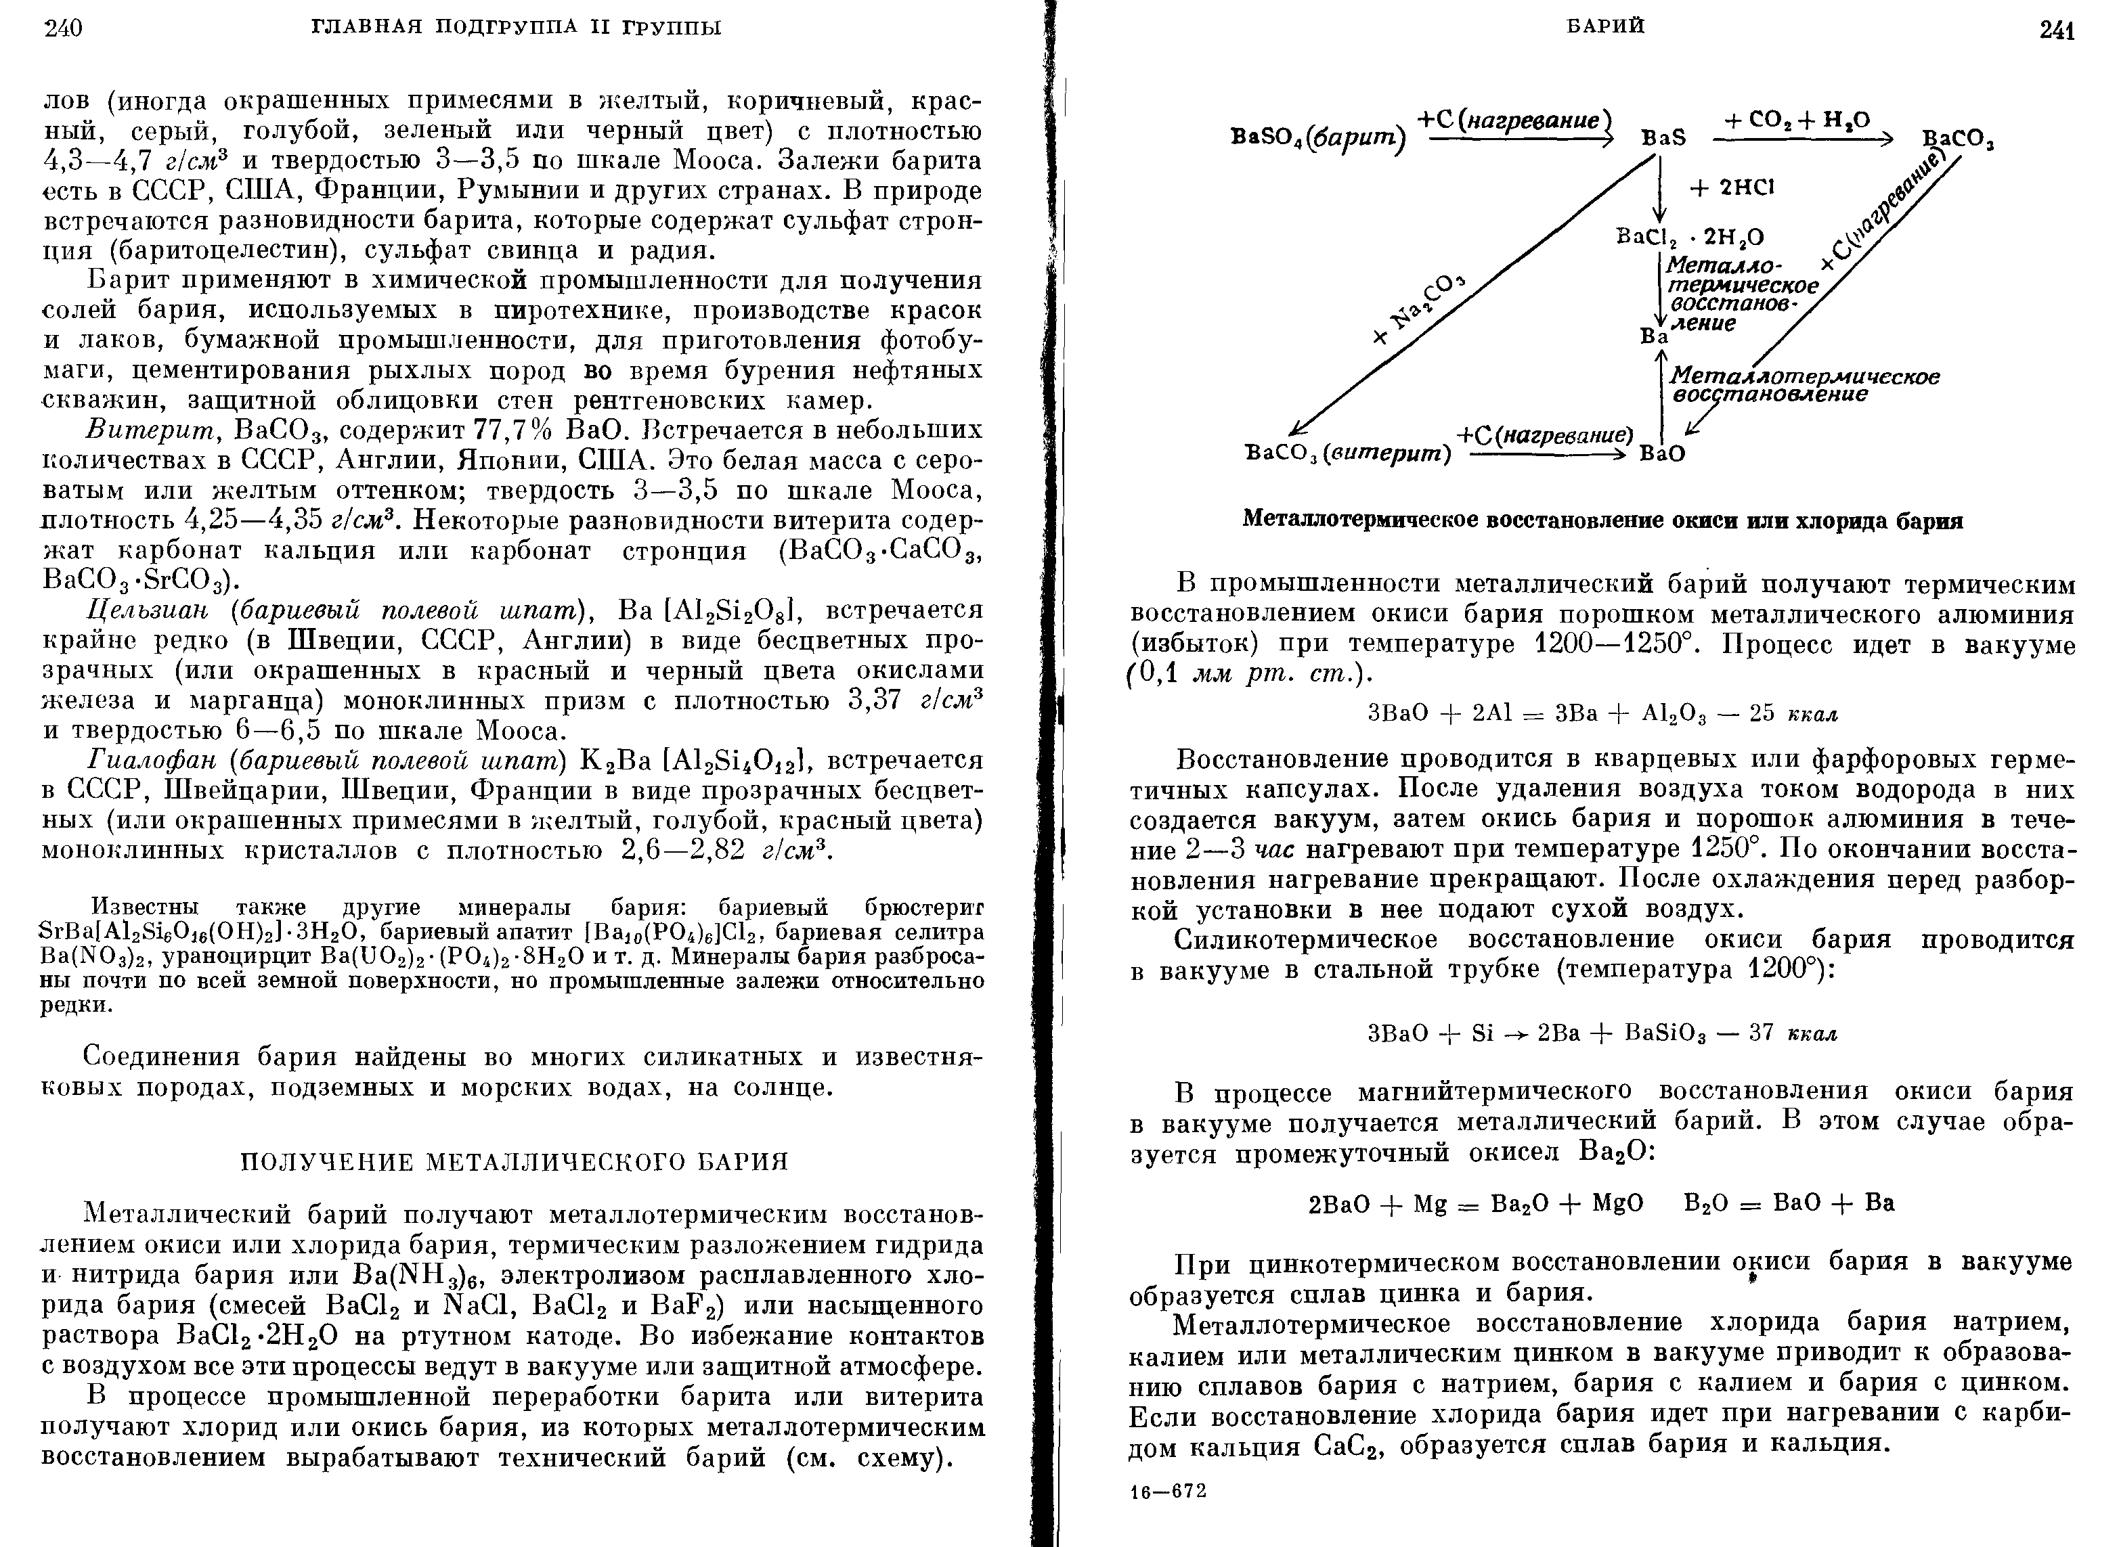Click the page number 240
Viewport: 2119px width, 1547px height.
64,28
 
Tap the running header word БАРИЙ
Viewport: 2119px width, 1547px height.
1606,26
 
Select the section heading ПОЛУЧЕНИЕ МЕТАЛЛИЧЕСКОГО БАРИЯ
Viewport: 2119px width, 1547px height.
515,1162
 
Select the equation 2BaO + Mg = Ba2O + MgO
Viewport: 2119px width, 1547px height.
1475,1203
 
